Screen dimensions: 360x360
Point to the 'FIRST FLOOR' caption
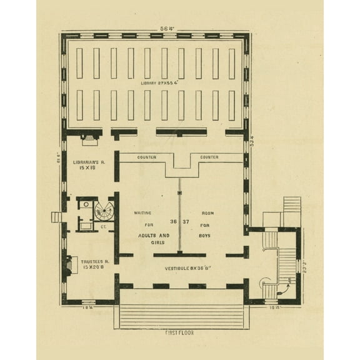coord(179,333)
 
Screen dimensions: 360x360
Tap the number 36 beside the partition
coord(174,222)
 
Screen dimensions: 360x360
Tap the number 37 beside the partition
coord(186,222)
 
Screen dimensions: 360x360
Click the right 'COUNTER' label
coord(209,157)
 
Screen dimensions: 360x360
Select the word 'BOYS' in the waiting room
coord(206,236)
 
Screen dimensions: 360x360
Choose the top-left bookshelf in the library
coord(79,63)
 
